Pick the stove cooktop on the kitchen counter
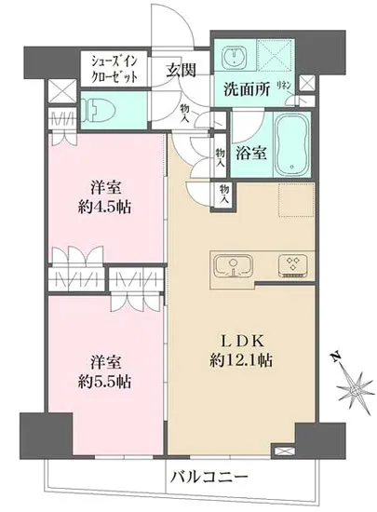293,267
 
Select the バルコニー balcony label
209,477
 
